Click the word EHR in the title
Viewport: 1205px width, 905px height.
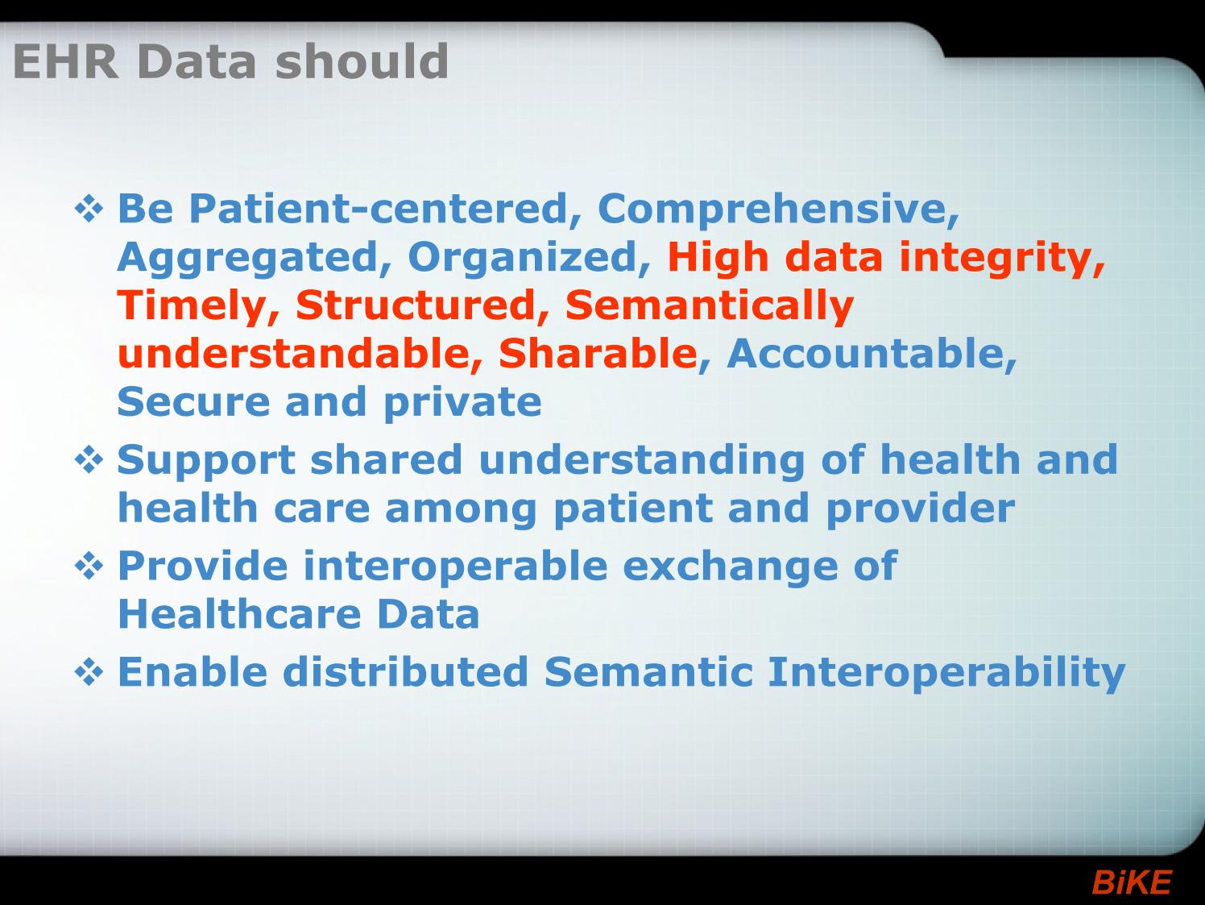[65, 61]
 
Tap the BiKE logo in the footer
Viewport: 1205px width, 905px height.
[1132, 882]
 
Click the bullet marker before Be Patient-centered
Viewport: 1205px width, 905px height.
[89, 210]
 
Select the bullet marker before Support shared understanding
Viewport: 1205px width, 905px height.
[89, 459]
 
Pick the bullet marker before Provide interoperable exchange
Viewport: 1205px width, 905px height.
[89, 567]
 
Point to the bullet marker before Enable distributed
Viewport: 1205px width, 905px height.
[89, 672]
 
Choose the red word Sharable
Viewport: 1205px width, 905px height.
[598, 354]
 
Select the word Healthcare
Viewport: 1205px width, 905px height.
[240, 613]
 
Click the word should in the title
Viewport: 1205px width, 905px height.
[362, 61]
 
